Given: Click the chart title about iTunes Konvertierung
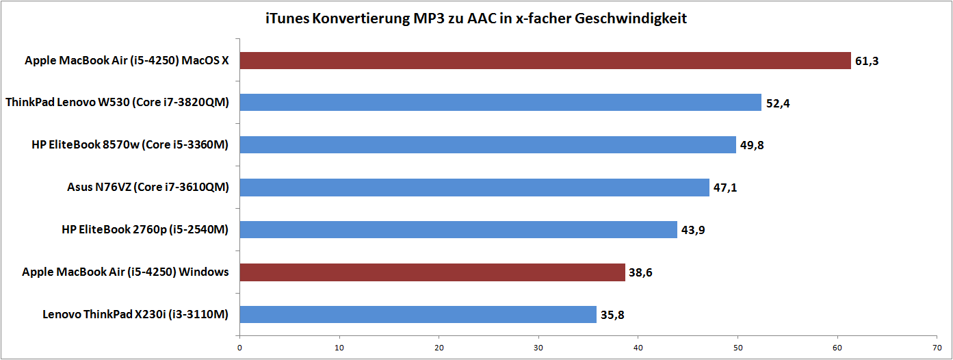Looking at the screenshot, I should (x=476, y=18).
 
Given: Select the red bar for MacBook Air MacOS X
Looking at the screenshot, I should (x=545, y=61).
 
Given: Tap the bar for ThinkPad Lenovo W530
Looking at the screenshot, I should (x=500, y=103).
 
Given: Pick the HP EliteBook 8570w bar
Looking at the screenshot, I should (x=487, y=145).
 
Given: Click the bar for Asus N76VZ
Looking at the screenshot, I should (x=474, y=188).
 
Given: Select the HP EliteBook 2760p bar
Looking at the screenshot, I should (x=458, y=229).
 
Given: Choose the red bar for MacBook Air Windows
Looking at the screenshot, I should (x=432, y=272).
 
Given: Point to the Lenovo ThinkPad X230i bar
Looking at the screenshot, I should (x=417, y=314).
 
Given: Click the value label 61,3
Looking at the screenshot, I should (x=867, y=62).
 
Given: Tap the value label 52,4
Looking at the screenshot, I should (x=778, y=104).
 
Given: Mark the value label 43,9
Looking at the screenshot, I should (x=693, y=230).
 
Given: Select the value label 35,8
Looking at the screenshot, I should (x=612, y=315).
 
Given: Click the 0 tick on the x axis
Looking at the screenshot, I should (x=239, y=348).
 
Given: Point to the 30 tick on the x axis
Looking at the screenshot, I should (x=538, y=348).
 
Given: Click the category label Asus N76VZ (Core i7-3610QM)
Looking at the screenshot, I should (x=148, y=188).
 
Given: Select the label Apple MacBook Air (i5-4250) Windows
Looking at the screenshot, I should (x=125, y=272).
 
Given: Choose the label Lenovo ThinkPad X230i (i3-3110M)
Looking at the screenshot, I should (x=135, y=314).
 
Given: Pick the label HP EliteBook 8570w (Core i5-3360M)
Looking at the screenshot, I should (x=130, y=145).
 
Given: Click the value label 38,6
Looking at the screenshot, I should (x=641, y=273).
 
